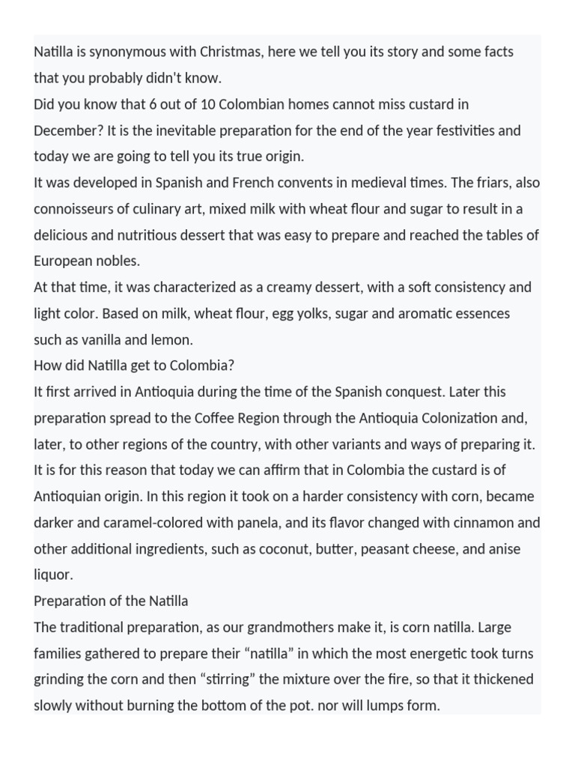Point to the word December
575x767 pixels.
point(67,130)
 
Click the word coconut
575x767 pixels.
point(296,549)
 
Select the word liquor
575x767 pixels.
point(52,575)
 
